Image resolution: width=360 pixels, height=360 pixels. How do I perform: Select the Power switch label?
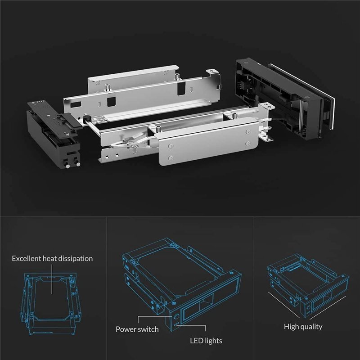137,329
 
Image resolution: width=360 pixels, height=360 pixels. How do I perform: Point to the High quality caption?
303,327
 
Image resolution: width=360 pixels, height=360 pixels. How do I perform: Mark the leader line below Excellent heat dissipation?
52,279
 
